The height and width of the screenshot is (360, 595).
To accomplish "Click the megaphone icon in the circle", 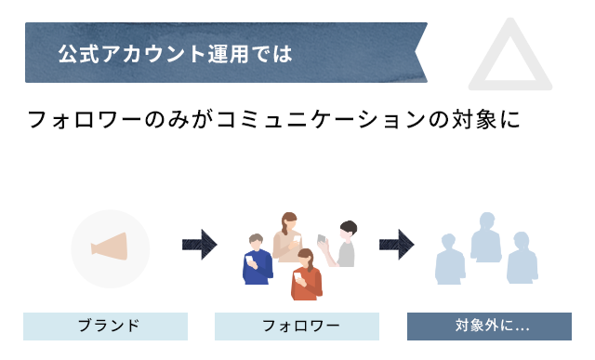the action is pos(110,247).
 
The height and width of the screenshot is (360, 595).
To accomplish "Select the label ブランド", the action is pos(106,326).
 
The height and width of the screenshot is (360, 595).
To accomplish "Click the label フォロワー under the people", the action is pos(297,326).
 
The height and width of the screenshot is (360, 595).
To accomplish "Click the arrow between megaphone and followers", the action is pos(199,245).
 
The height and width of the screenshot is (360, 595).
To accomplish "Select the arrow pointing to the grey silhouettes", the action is pos(396,245).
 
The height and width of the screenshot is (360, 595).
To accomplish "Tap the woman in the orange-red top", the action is pos(305,275).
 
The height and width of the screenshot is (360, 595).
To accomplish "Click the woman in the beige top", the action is pos(288,240).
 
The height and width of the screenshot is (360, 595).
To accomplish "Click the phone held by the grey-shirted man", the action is pos(323,239).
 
